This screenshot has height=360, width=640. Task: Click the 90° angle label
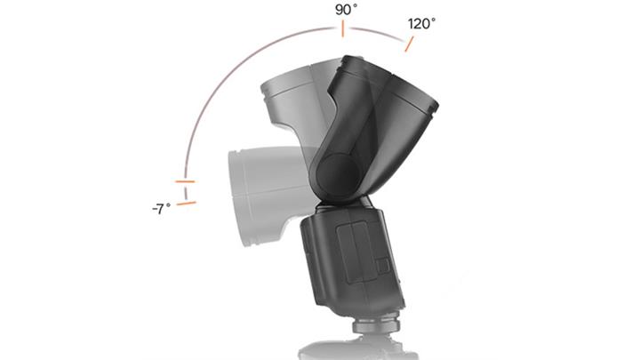click(346, 10)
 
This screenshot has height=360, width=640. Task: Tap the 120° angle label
click(421, 24)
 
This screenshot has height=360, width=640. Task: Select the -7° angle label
click(162, 209)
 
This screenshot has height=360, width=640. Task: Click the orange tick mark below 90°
click(343, 29)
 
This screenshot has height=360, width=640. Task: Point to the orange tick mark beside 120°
click(409, 44)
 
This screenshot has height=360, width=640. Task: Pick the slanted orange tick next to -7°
click(187, 203)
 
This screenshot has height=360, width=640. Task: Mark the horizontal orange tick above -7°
click(185, 181)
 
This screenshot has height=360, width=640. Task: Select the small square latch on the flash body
click(383, 266)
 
